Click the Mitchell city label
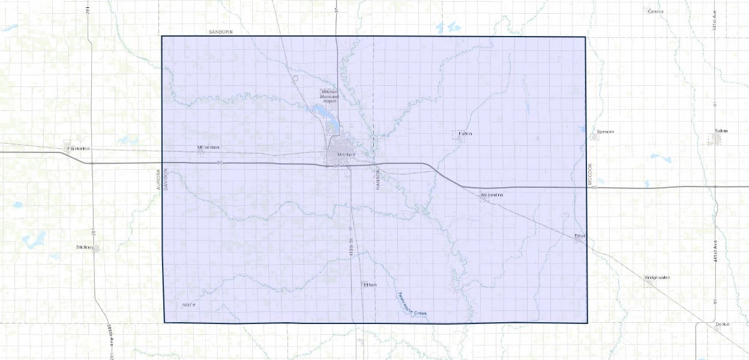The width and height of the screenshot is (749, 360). [347, 154]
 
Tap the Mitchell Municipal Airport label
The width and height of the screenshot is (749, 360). [329, 96]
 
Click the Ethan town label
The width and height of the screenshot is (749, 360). [370, 284]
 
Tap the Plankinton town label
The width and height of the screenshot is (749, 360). [79, 148]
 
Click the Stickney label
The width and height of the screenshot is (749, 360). [85, 247]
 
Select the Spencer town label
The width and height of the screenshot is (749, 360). [606, 131]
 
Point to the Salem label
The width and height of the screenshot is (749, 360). [721, 131]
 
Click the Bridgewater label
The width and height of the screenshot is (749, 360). [657, 277]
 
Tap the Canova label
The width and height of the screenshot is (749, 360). [655, 11]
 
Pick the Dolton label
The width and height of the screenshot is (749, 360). [722, 324]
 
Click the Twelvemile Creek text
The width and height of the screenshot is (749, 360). [416, 304]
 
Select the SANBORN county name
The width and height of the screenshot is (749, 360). [220, 31]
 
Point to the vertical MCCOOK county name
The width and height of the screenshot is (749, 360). [590, 173]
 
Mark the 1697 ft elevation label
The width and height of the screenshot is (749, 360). [188, 305]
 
